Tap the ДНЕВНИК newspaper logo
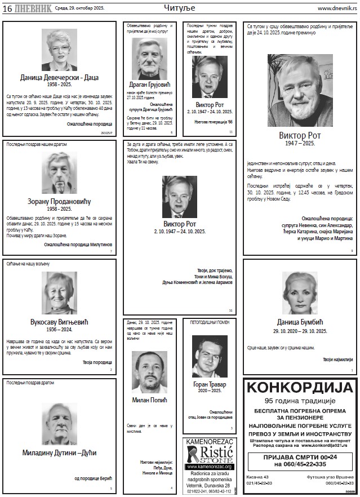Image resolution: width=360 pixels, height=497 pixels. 33,8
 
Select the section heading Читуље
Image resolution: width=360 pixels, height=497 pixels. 180,8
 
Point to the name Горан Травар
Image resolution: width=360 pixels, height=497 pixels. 209,383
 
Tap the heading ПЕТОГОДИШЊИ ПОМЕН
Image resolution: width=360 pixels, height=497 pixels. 209,324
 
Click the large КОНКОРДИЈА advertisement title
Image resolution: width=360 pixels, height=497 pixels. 300,388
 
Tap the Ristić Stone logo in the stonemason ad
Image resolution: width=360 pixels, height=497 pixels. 209,454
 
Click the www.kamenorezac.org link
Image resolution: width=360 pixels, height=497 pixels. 209,467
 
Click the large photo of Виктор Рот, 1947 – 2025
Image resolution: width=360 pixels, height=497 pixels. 300,90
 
